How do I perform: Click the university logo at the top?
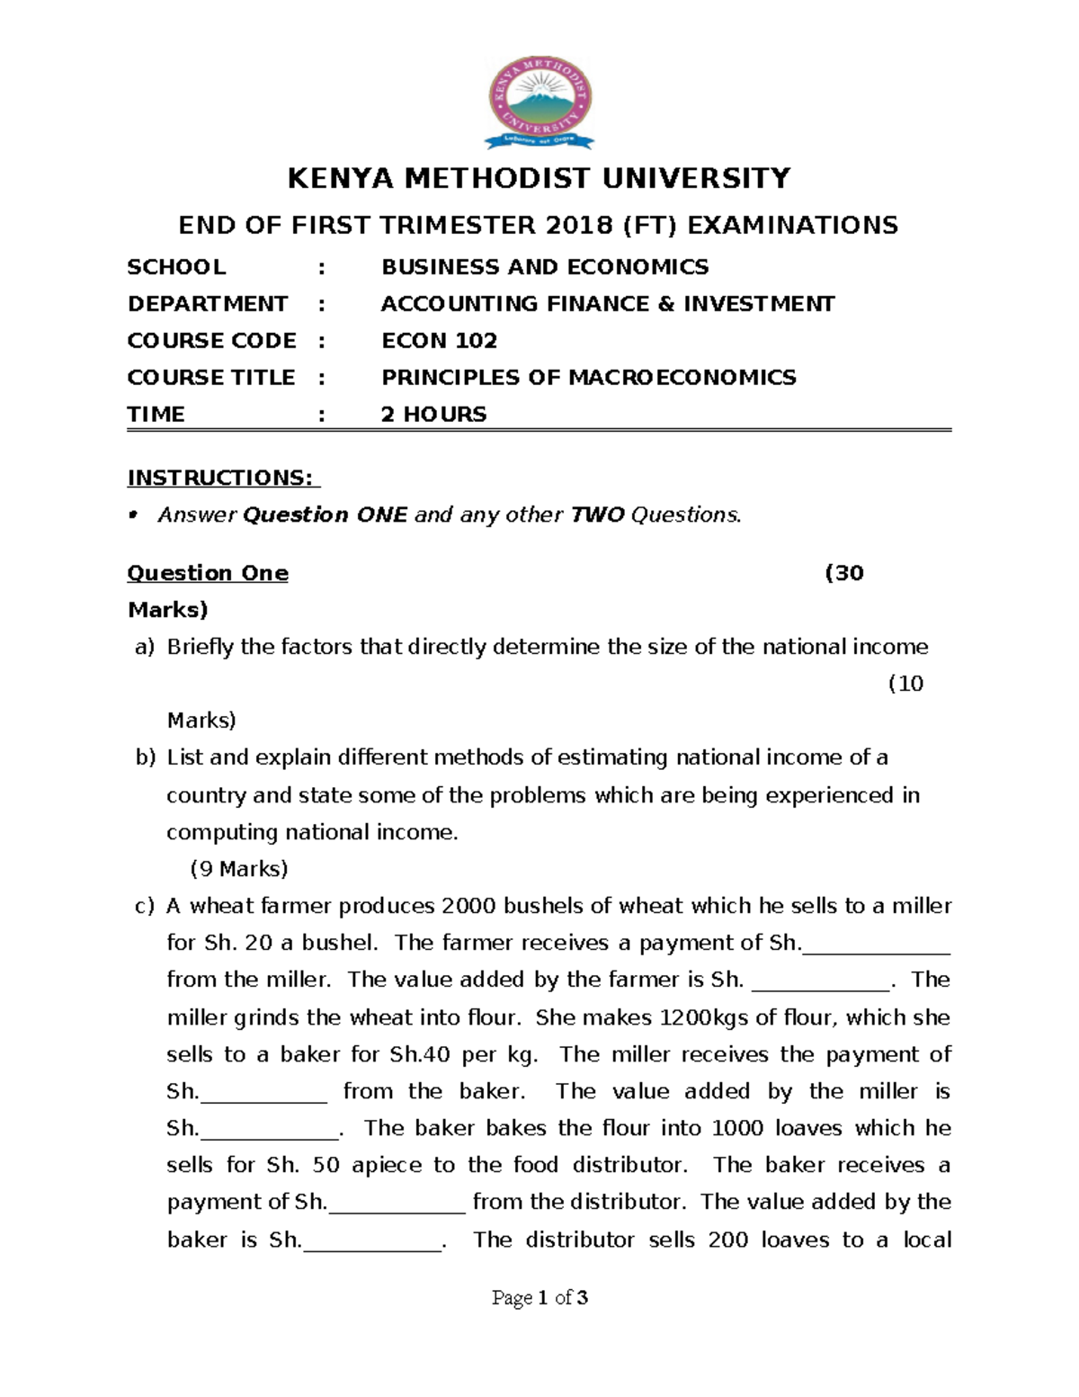[539, 102]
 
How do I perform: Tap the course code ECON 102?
[439, 341]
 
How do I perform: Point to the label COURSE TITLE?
[211, 378]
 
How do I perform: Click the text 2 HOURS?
[433, 415]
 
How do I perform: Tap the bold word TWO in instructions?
[598, 515]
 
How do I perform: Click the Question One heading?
[208, 574]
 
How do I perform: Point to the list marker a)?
[145, 648]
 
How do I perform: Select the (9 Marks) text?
[239, 869]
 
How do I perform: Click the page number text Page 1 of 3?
[539, 1297]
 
